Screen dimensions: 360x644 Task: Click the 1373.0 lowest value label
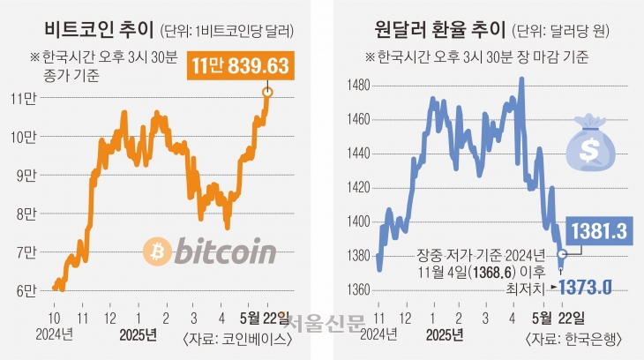589,287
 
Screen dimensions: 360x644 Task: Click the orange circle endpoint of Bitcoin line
268,91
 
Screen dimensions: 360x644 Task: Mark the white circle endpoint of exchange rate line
563,254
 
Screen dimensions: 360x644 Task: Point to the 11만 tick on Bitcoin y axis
26,97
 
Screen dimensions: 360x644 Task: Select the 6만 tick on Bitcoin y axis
26,289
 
